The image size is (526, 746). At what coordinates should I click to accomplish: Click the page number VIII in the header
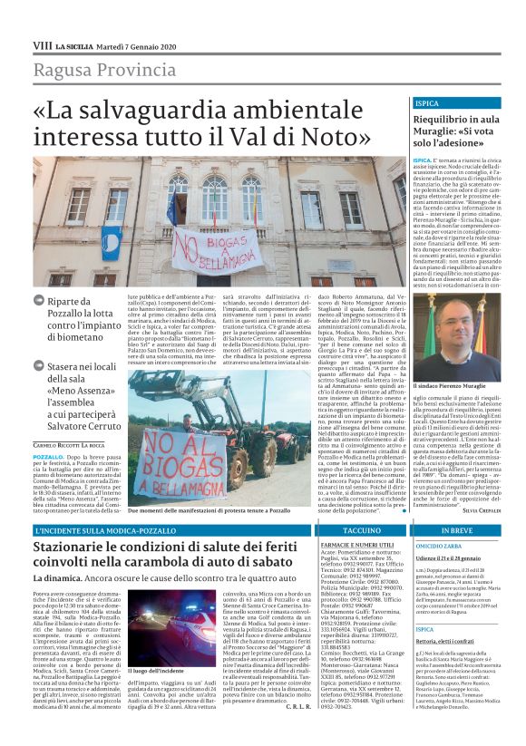(42, 44)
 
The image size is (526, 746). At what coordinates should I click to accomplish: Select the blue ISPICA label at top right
(427, 103)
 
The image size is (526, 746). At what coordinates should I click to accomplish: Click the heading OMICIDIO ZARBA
(440, 545)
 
